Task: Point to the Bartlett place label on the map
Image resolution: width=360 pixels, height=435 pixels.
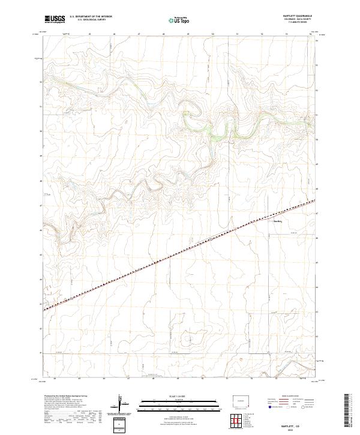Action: (278, 220)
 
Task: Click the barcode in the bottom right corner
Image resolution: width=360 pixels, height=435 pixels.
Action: (347, 411)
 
